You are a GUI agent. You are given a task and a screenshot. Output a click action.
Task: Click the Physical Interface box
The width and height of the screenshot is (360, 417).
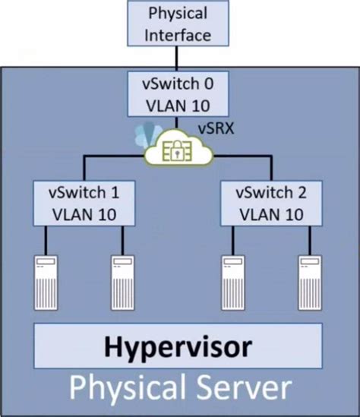click(178, 24)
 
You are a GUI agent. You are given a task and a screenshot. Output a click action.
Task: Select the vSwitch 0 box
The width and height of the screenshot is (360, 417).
click(178, 94)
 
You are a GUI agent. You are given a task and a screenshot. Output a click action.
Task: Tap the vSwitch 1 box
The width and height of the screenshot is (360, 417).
click(84, 204)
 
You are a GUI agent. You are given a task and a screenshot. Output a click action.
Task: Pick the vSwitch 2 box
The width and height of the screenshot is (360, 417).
click(271, 204)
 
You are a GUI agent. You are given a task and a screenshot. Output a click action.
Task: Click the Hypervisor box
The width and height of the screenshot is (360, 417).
click(178, 346)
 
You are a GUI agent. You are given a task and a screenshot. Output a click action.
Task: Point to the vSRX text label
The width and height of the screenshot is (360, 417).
click(216, 128)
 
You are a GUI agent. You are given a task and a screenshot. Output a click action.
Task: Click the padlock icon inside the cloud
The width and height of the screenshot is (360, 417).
click(176, 151)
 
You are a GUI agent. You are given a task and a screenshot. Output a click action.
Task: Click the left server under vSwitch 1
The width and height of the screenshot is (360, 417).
click(46, 283)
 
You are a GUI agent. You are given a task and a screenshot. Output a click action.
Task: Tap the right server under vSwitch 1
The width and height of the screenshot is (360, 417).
click(122, 283)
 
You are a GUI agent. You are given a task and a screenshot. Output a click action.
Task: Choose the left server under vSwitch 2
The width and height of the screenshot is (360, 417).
click(233, 283)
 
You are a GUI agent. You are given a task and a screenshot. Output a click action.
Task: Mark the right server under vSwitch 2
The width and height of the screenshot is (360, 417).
click(310, 283)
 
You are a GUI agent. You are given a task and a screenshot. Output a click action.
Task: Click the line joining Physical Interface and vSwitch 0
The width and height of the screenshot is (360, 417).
click(176, 58)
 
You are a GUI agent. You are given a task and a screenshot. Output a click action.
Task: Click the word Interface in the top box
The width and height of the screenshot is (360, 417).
click(178, 35)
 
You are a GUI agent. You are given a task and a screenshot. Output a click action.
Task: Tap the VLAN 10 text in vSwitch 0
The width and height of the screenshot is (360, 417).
click(178, 106)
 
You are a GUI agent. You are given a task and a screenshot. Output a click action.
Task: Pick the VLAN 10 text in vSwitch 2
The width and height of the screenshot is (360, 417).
click(271, 214)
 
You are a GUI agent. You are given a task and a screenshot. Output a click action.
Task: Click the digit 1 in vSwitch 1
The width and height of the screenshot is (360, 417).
click(115, 192)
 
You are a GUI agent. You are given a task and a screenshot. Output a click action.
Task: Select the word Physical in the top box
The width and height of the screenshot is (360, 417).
click(178, 14)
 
